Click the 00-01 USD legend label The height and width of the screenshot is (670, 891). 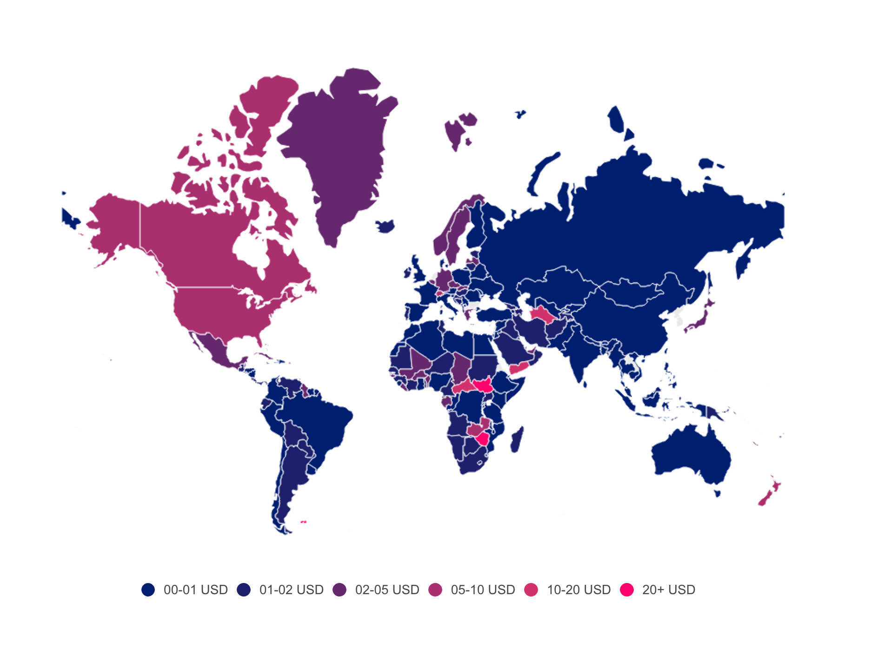coord(195,590)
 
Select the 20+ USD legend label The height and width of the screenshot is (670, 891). coord(668,590)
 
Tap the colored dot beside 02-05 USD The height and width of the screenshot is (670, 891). coord(340,590)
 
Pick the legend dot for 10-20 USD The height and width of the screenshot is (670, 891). coord(531,590)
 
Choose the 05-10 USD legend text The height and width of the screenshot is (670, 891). coord(483,590)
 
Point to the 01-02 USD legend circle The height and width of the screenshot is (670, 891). coord(244,590)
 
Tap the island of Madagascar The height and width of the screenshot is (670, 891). coord(516,440)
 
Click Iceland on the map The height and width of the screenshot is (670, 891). coord(386,227)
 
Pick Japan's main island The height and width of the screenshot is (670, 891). coord(698,321)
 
